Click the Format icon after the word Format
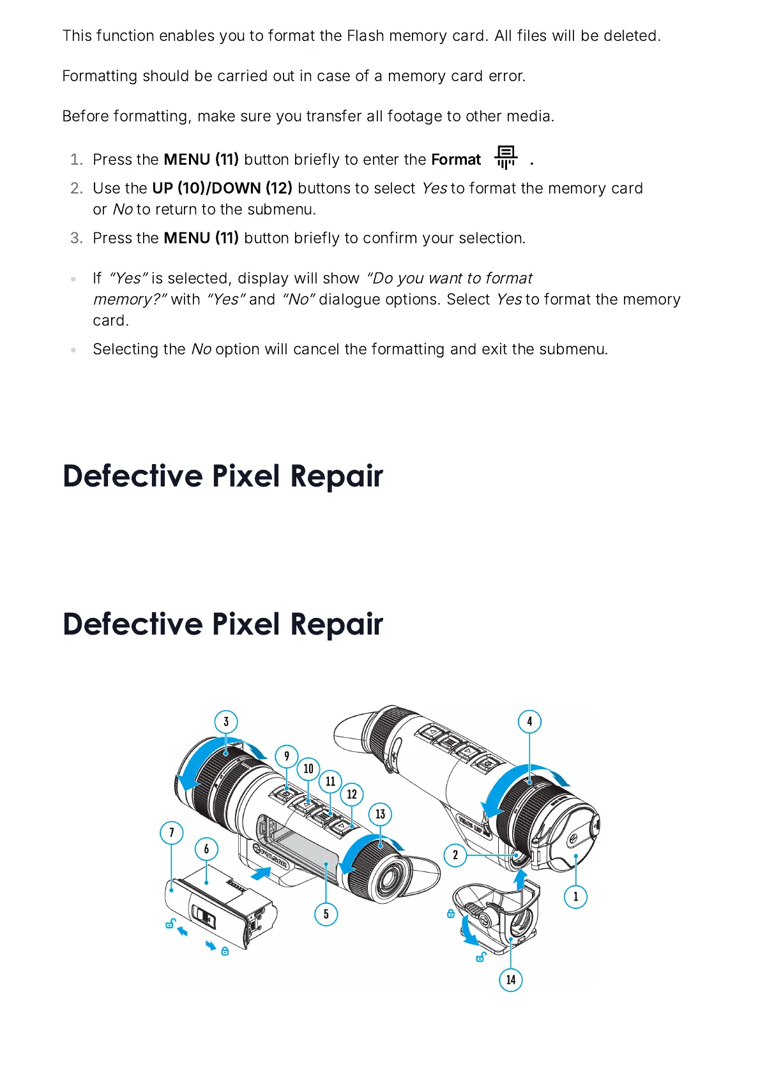(x=505, y=157)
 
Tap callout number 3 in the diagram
(x=226, y=722)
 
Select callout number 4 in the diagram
(x=529, y=722)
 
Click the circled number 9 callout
(x=287, y=756)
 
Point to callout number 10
(x=308, y=769)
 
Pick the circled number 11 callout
(x=330, y=781)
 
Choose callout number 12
(x=352, y=795)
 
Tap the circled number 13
(x=380, y=814)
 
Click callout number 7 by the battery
(x=171, y=832)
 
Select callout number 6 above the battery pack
(x=206, y=849)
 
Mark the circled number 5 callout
(x=326, y=914)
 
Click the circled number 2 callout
(x=455, y=855)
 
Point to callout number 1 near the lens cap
(x=575, y=897)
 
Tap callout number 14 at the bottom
(x=510, y=980)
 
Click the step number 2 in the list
(x=77, y=188)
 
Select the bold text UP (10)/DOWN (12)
(x=222, y=188)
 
